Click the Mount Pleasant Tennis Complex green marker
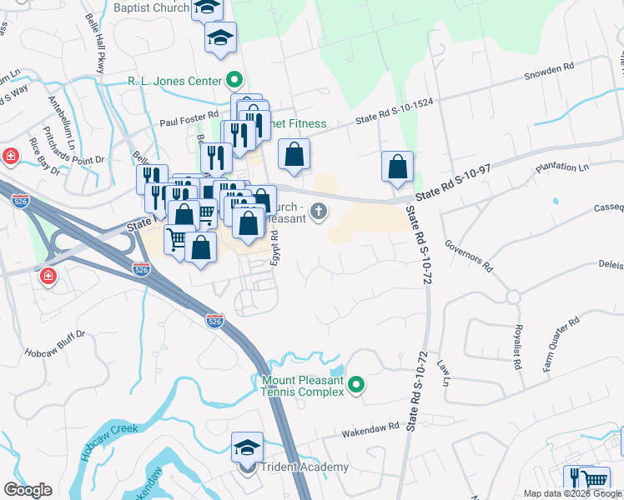(356, 384)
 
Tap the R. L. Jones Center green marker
(235, 81)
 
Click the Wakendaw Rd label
(371, 430)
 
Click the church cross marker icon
(318, 211)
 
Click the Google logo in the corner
(28, 490)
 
